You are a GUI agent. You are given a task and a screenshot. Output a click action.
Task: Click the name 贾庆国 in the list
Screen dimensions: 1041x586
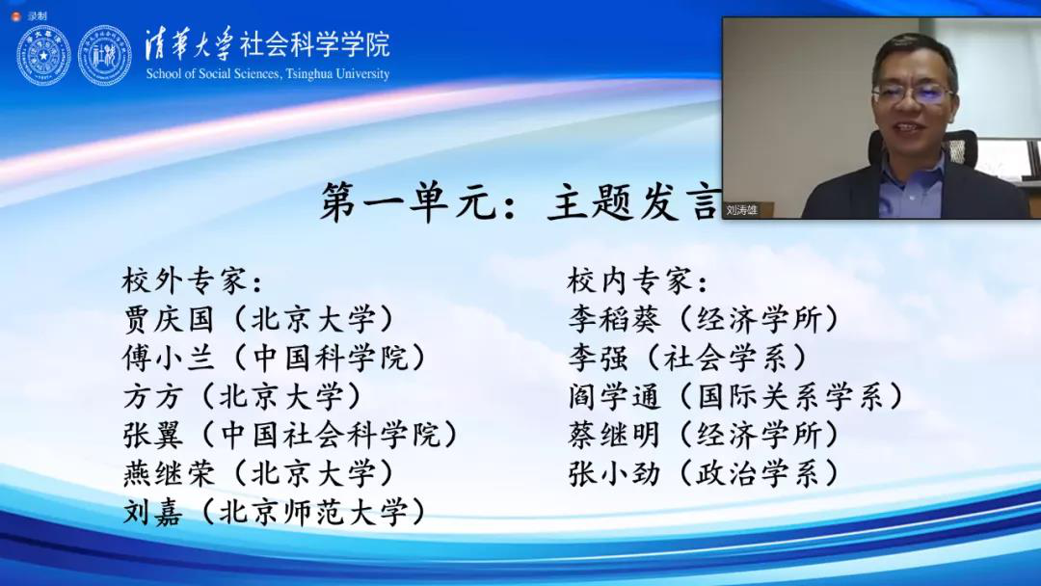coord(169,320)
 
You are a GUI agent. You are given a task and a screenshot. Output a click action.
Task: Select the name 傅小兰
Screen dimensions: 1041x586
coord(169,359)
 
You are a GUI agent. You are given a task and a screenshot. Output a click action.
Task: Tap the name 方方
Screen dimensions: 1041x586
coord(152,397)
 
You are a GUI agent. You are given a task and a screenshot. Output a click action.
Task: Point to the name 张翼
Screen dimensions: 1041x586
coord(152,436)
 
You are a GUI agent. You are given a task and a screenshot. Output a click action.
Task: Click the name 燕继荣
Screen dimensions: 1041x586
coord(169,474)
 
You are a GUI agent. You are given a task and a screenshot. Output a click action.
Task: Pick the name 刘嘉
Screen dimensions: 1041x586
coord(152,513)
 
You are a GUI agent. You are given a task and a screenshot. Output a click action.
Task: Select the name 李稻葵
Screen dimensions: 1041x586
coord(614,320)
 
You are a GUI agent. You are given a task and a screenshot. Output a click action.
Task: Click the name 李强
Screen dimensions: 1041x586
coord(598,359)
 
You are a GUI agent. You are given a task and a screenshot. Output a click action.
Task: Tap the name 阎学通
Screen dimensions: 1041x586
coord(614,397)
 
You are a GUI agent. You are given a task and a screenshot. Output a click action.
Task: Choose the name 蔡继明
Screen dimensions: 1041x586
coord(614,436)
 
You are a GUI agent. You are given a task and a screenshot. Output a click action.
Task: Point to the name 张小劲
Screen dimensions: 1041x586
coord(614,474)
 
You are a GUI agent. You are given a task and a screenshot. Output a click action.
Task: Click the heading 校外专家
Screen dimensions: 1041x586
coord(184,280)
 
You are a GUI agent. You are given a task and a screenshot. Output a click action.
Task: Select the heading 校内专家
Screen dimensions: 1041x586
coord(629,280)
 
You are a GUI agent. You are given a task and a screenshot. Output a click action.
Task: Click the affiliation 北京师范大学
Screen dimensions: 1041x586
coord(312,513)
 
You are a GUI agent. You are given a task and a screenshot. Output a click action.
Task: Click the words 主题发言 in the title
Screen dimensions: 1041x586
coord(634,201)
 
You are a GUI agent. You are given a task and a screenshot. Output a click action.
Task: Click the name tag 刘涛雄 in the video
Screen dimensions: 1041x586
coord(741,210)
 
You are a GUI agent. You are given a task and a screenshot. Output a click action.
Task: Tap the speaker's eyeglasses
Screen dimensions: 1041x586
coord(913,93)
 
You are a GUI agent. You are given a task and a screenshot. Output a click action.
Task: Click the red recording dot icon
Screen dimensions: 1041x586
coord(16,16)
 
